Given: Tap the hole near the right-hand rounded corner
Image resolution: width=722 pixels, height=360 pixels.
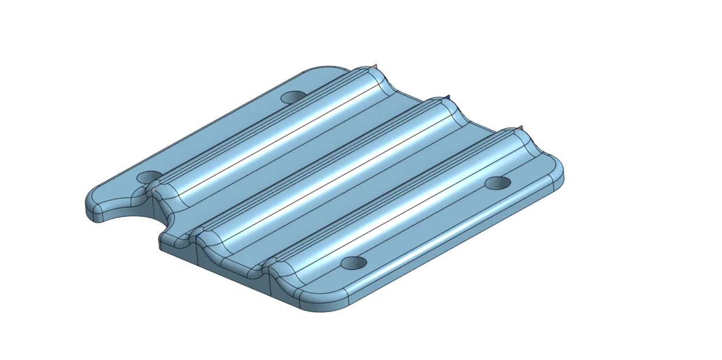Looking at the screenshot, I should point(498,183).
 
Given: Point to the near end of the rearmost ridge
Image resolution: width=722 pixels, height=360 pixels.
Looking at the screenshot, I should point(161,193).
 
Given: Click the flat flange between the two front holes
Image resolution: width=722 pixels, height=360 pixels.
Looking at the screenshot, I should point(426,225).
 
